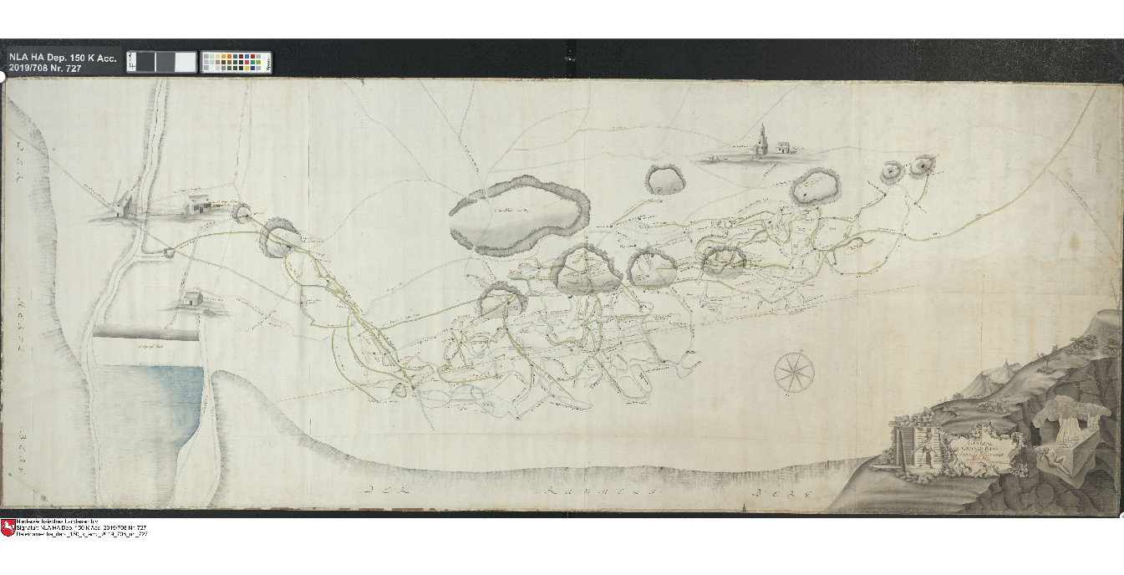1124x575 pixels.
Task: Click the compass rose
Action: pyautogui.click(x=794, y=372)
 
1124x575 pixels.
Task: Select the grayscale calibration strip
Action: pyautogui.click(x=161, y=62)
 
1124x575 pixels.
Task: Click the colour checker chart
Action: pyautogui.click(x=236, y=62)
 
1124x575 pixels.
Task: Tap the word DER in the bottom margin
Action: pyautogui.click(x=390, y=491)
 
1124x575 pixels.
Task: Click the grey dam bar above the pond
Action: pyautogui.click(x=147, y=332)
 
